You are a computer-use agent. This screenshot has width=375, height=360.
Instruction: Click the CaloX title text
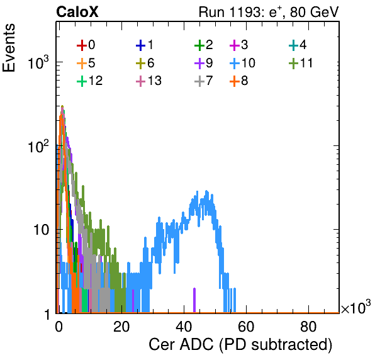(x=77, y=12)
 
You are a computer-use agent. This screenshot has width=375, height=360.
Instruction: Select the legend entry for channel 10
(x=242, y=63)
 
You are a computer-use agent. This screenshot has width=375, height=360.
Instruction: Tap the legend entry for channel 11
(x=301, y=63)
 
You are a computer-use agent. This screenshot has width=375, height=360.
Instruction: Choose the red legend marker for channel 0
(x=82, y=45)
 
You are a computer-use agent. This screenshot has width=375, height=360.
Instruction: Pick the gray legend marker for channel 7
(x=199, y=81)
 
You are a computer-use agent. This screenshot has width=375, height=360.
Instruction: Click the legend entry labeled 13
(x=148, y=81)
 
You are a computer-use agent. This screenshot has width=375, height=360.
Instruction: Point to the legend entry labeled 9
(x=204, y=63)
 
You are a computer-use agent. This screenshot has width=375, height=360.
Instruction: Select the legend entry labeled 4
(x=298, y=45)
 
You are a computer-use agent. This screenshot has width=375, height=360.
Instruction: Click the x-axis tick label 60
(x=247, y=327)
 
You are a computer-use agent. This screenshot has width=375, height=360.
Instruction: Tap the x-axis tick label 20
(x=121, y=327)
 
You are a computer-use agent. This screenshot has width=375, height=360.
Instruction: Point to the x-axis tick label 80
(x=308, y=327)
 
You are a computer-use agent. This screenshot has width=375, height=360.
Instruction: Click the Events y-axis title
(x=9, y=48)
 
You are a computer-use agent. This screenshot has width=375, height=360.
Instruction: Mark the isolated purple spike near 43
(x=194, y=300)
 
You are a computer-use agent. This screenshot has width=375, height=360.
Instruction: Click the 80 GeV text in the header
(x=314, y=12)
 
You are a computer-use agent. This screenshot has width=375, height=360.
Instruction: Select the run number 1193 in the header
(x=245, y=12)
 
